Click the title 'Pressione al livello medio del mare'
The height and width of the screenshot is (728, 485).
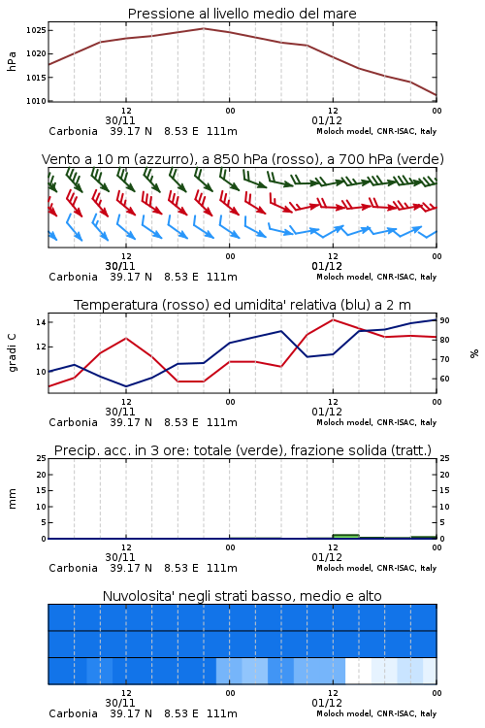[x=242, y=14]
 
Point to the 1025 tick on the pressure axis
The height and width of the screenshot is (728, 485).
[x=36, y=30]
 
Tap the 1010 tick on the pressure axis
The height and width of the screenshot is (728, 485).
[x=36, y=101]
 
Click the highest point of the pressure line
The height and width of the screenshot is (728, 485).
[x=204, y=28]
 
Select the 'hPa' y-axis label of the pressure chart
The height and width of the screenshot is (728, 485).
[x=12, y=61]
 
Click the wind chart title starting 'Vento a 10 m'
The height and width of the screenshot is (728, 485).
[x=242, y=159]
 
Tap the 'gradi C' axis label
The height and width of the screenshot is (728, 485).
[x=12, y=353]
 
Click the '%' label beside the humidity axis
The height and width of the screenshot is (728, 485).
[x=474, y=353]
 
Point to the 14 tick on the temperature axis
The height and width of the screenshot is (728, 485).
[x=41, y=322]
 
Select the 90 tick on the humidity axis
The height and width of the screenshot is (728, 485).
[x=444, y=320]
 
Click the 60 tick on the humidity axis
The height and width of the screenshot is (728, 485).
[x=444, y=379]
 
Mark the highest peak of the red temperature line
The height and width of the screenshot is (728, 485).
[x=334, y=319]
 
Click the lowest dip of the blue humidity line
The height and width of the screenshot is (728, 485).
[x=126, y=386]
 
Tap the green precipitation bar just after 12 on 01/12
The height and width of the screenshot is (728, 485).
[x=345, y=536]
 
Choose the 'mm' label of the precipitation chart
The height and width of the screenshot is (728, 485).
[x=12, y=499]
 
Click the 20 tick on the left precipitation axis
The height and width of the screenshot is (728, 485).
[x=42, y=475]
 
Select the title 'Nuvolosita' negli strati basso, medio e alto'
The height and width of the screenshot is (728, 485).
[x=242, y=596]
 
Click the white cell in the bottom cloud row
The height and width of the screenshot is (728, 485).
[x=358, y=671]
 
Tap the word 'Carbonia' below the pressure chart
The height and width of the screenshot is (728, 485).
[x=74, y=131]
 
